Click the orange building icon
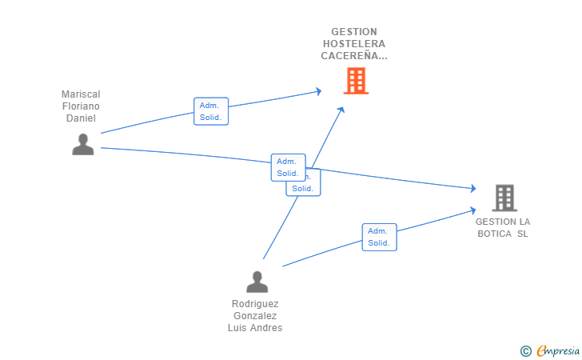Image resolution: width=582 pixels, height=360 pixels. coord(356,81)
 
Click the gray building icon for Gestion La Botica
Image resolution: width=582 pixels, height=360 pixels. coord(504,198)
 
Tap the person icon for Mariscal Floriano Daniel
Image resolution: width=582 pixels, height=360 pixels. coord(83,145)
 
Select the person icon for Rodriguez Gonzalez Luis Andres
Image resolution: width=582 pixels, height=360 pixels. coord(257,282)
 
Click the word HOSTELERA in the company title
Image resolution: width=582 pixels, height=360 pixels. coord(353,44)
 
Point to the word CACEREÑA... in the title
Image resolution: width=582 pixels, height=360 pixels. coord(353,56)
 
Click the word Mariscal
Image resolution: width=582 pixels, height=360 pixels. coord(81,94)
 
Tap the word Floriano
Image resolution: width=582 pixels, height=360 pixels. coord(81,106)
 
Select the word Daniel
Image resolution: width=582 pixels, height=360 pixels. coord(81,118)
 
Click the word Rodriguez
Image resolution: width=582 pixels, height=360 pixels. coord(257,304)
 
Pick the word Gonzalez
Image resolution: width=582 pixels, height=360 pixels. coord(257,316)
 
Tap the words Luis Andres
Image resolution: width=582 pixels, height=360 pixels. coord(257,328)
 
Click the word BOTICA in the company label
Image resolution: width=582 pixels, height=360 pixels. coord(495,234)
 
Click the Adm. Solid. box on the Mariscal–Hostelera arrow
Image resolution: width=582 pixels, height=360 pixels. coord(211,111)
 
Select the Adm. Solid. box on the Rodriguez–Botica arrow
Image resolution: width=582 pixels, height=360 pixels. coord(379,237)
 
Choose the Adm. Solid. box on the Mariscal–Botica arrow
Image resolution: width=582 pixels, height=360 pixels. coord(288,167)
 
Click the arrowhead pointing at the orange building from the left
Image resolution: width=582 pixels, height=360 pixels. coord(318,91)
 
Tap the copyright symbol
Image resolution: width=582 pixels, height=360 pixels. coord(526,350)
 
